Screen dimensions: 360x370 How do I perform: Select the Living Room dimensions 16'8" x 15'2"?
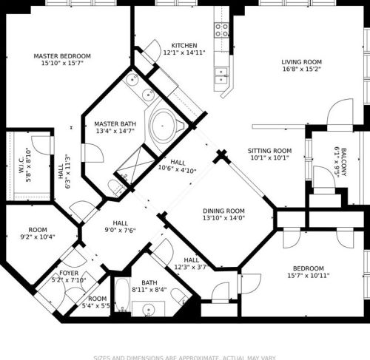(301, 70)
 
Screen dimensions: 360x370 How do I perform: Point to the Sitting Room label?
(269, 151)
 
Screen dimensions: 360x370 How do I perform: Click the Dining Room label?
(223, 210)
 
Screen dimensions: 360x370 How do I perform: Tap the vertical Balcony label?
(343, 163)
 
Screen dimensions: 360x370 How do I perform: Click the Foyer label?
(69, 273)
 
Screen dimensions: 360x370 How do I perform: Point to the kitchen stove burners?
(221, 30)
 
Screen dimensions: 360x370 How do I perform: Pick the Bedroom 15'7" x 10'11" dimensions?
(308, 276)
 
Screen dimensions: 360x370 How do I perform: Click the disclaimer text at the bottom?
(185, 357)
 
